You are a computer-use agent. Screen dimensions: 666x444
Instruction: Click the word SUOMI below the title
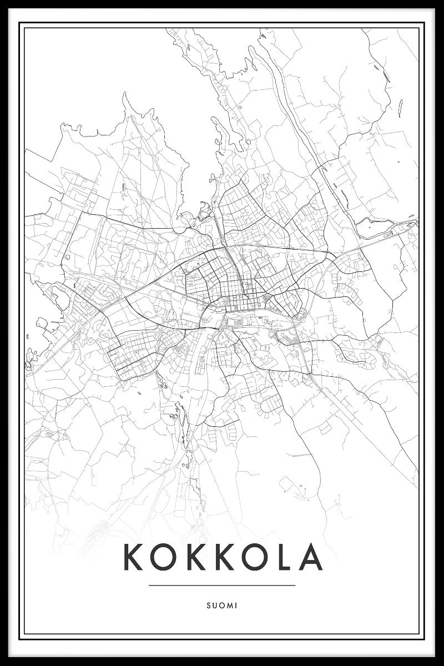point(222,606)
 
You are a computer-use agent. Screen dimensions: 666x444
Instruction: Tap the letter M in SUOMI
point(229,606)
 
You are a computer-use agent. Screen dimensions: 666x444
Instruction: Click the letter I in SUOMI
point(236,606)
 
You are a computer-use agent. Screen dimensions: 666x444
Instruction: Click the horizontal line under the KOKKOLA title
point(222,585)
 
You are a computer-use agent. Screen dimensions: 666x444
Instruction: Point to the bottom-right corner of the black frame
point(441,663)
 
